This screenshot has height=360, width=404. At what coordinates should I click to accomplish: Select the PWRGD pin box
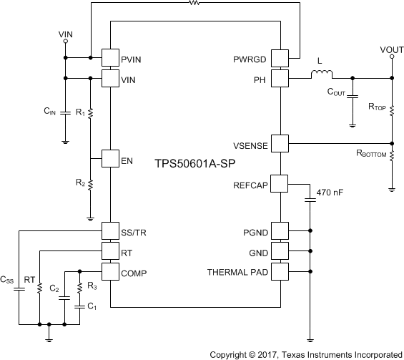280,57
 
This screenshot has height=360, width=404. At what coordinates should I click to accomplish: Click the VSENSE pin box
280,144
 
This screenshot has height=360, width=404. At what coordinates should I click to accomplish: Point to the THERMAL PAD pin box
280,271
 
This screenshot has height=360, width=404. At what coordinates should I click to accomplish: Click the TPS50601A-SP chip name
194,163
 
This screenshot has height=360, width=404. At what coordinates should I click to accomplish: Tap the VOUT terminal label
391,49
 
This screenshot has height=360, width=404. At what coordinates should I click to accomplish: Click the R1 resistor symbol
90,114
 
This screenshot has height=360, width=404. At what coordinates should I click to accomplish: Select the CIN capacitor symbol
65,113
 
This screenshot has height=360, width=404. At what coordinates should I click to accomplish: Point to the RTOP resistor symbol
392,107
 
